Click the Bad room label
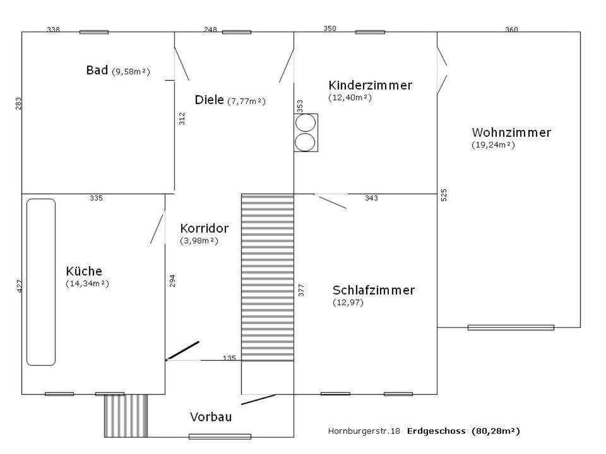point(97,70)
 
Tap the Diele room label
point(209,100)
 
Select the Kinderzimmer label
point(371,85)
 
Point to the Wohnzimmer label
point(511,132)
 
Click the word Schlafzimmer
point(373,290)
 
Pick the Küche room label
point(84,271)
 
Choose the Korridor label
point(204,228)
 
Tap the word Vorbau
point(211,417)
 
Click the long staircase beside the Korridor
point(268,277)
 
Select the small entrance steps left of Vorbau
point(126,416)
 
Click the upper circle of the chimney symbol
point(306,123)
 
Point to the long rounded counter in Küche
point(41,282)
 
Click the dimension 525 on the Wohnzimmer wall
point(444,195)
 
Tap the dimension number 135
point(229,358)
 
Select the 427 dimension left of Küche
point(20,286)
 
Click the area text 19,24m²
point(493,145)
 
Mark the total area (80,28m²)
point(496,431)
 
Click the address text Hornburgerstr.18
point(364,431)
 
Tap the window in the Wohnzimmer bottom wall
point(511,327)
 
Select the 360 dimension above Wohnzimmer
point(511,30)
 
